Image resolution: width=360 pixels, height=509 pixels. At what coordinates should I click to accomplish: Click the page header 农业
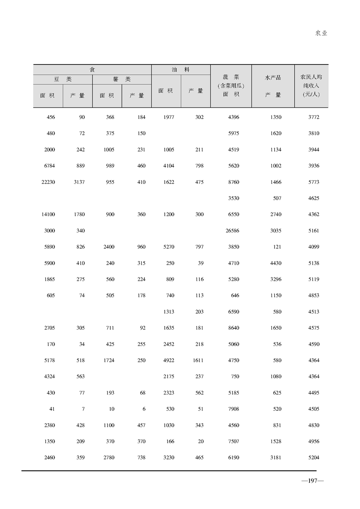[321, 33]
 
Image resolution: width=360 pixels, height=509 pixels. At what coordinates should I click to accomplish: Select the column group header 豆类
[63, 79]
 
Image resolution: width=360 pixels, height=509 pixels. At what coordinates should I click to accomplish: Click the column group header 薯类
[122, 79]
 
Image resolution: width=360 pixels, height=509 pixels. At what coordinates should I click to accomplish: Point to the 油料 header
[181, 69]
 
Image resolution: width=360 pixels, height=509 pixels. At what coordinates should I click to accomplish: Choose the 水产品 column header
[273, 78]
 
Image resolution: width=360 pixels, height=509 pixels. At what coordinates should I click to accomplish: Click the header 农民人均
[311, 77]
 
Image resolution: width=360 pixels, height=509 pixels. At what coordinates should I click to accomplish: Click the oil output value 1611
[197, 361]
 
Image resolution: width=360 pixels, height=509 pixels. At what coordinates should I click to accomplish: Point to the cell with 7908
[233, 409]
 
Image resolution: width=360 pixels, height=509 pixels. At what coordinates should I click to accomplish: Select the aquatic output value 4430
[275, 263]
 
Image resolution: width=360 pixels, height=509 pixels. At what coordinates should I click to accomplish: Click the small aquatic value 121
[276, 247]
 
